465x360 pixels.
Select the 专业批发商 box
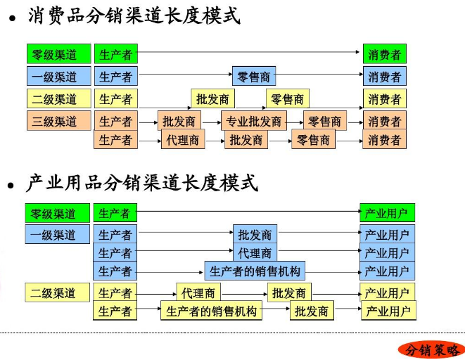pyautogui.click(x=253, y=121)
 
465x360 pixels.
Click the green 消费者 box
pyautogui.click(x=384, y=54)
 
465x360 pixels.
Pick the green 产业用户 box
pyautogui.click(x=387, y=212)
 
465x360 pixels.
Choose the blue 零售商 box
pyautogui.click(x=254, y=76)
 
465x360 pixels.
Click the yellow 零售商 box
pyautogui.click(x=287, y=99)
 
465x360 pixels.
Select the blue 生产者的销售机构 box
pyautogui.click(x=255, y=271)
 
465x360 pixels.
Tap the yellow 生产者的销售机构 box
pyautogui.click(x=211, y=311)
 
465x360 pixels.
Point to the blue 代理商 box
pyautogui.click(x=254, y=252)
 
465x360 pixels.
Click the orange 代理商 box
pyautogui.click(x=181, y=140)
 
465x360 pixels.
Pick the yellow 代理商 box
pyautogui.click(x=198, y=292)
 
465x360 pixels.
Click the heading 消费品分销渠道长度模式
pyautogui.click(x=134, y=15)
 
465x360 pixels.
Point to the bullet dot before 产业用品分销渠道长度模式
pyautogui.click(x=11, y=186)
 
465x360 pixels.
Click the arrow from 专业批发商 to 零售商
pyautogui.click(x=295, y=122)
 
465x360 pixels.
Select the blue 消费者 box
pyautogui.click(x=384, y=76)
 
